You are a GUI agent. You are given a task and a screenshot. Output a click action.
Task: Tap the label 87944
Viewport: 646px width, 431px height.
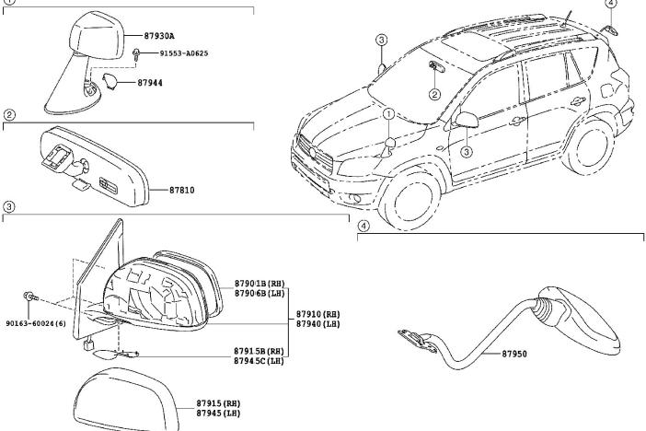point(152,83)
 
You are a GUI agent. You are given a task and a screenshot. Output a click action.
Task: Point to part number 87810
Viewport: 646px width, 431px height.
point(182,191)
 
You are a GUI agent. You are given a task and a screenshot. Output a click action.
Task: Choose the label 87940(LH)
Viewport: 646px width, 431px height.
point(317,324)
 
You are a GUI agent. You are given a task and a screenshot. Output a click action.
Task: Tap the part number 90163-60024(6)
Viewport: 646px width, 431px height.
point(35,323)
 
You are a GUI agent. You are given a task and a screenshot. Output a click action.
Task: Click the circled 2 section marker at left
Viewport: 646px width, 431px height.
point(8,115)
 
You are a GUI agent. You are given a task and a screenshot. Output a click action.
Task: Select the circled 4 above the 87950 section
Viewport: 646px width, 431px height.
point(363,225)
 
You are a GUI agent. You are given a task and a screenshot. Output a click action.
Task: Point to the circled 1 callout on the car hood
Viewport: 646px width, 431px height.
point(388,114)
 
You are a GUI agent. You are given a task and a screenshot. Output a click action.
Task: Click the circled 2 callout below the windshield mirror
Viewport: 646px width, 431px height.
point(433,94)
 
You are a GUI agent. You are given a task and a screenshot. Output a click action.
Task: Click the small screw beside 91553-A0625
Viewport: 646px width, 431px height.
point(136,54)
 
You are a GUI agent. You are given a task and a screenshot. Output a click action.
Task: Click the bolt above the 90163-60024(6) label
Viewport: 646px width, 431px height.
point(29,297)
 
